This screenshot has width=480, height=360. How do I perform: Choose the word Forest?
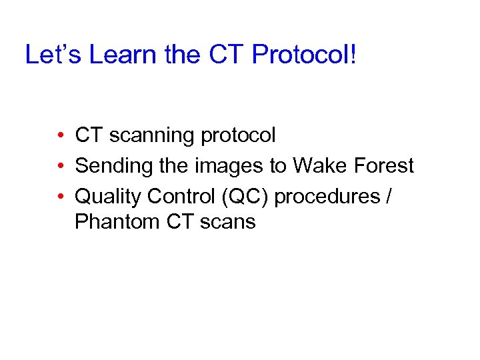pyautogui.click(x=383, y=166)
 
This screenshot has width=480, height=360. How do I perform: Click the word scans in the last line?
pyautogui.click(x=229, y=222)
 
